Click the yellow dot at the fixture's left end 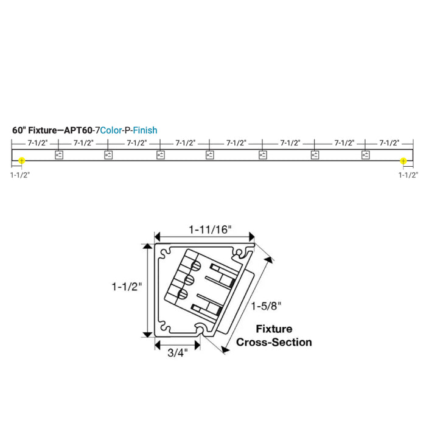coord(22,161)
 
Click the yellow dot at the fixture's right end coord(403,161)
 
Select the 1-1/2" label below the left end coord(20,175)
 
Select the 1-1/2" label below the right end coord(408,175)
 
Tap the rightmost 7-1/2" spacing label coord(389,143)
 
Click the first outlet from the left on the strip coord(60,155)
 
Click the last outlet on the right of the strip coord(365,155)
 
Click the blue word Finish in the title coord(145,130)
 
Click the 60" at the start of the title coord(19,130)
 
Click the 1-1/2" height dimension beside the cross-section coord(127,287)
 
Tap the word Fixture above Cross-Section coord(273,329)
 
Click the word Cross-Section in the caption coord(273,342)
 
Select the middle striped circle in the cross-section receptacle coord(188,280)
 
